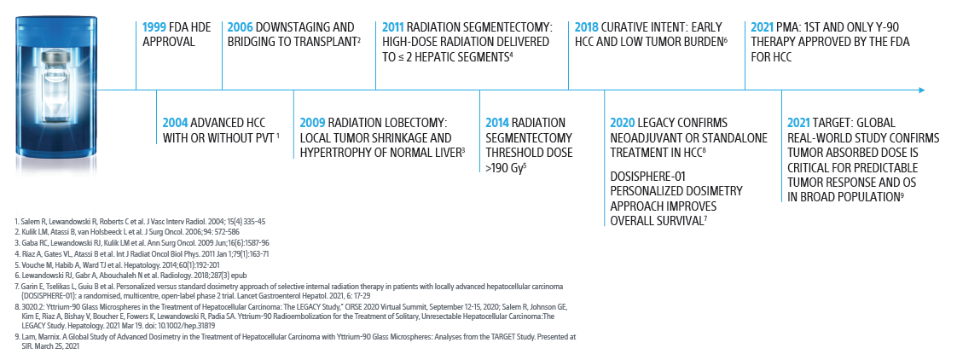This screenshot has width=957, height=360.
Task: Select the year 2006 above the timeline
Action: tap(241, 26)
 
